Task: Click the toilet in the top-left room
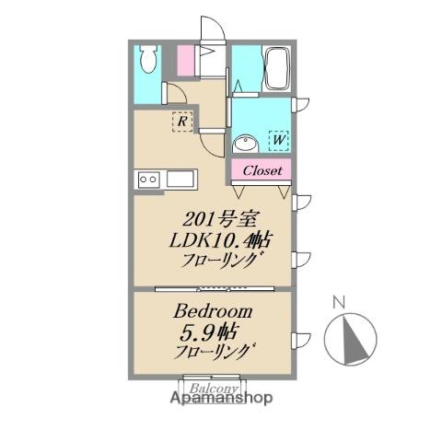(x=147, y=61)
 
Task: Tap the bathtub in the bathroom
(x=276, y=67)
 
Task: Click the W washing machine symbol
(x=278, y=141)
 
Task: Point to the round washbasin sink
(x=245, y=145)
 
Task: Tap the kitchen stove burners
(x=147, y=180)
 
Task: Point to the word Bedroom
(x=212, y=312)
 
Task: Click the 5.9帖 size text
(x=204, y=332)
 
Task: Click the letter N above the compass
(x=338, y=301)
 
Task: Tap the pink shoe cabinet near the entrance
(x=185, y=63)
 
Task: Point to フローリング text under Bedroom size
(x=214, y=353)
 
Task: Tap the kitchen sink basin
(x=179, y=180)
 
